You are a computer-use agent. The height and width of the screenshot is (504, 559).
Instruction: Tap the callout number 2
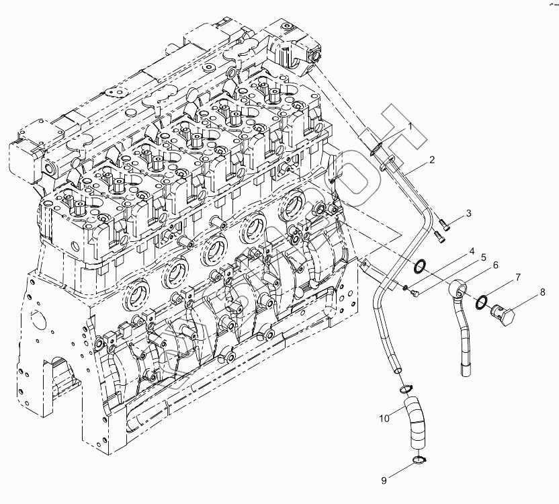pos(431,159)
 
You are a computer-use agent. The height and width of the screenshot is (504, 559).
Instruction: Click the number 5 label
pos(482,257)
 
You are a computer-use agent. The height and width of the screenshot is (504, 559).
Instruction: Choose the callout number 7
pos(518,277)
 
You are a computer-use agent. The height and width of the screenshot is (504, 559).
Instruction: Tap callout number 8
pos(542,292)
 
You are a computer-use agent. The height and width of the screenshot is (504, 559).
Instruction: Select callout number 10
pos(384,419)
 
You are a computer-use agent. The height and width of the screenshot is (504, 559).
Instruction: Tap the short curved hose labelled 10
pos(417,420)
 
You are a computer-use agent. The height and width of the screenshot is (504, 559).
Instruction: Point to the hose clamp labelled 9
pos(419,460)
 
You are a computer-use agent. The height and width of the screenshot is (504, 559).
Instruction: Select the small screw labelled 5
pos(414,293)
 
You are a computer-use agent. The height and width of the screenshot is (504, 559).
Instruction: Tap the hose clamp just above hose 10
pos(406,388)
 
